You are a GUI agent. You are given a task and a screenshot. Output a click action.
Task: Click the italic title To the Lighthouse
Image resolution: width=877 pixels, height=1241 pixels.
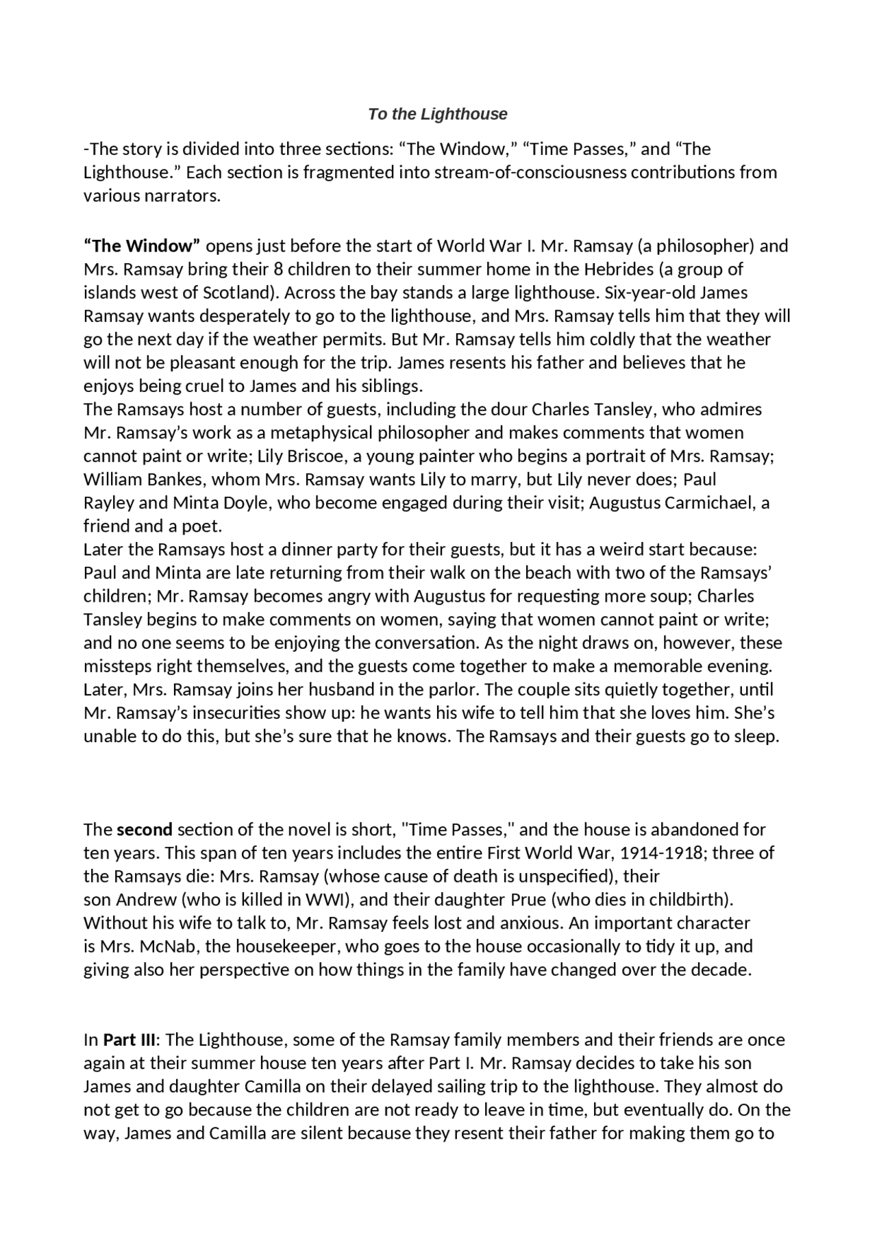coord(437,114)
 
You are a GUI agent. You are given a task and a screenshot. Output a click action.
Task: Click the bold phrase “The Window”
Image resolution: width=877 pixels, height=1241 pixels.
coord(142,245)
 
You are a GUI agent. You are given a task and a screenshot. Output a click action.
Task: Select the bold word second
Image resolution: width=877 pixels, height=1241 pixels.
coord(145,830)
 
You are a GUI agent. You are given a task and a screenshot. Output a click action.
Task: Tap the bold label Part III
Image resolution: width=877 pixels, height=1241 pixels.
coord(129,1040)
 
